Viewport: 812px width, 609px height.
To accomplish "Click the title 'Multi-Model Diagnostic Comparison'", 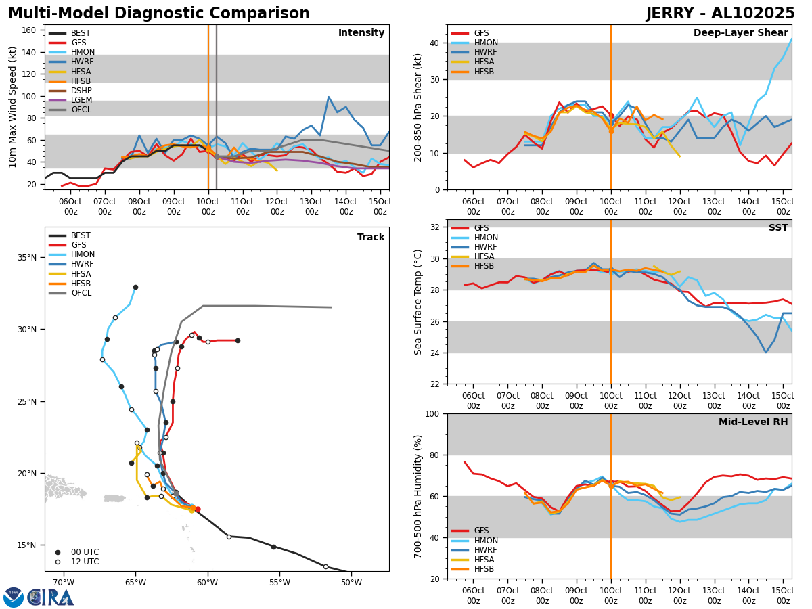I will [158, 14].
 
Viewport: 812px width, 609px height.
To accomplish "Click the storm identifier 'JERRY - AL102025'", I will [720, 14].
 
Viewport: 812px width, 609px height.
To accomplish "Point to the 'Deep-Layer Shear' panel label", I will [740, 33].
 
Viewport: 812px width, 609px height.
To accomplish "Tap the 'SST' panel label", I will [778, 228].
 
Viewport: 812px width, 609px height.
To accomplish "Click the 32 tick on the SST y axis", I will [436, 227].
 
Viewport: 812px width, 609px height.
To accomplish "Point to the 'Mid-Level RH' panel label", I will [753, 422].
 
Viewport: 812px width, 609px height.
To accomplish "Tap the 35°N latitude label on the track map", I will [26, 258].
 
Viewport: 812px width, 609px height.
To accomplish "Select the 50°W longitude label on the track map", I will [351, 583].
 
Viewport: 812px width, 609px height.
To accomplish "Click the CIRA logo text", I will [51, 597].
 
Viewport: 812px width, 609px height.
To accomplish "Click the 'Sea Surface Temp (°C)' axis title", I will [419, 302].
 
